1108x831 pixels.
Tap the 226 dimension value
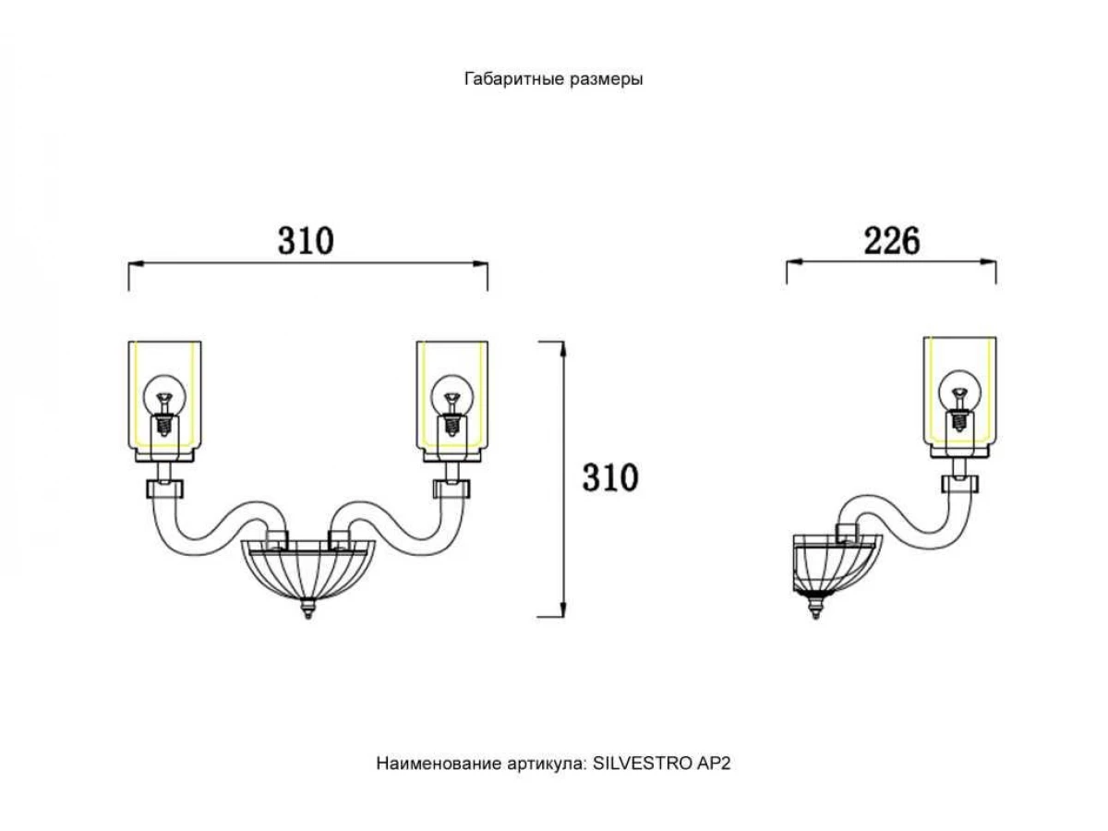point(891,241)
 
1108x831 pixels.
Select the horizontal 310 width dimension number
point(306,241)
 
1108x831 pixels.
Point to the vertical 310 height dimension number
point(610,477)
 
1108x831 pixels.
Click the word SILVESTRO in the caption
point(642,763)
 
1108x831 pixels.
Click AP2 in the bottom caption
point(713,763)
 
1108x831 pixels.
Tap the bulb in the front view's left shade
point(164,404)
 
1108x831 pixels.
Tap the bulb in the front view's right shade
point(452,404)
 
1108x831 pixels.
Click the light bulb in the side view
point(959,400)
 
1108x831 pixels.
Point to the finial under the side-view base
point(815,607)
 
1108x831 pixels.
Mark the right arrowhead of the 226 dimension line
point(988,262)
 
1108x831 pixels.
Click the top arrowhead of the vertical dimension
point(563,349)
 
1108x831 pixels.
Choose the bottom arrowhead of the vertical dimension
point(563,609)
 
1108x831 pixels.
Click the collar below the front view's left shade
point(164,489)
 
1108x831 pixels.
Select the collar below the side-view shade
point(959,484)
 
